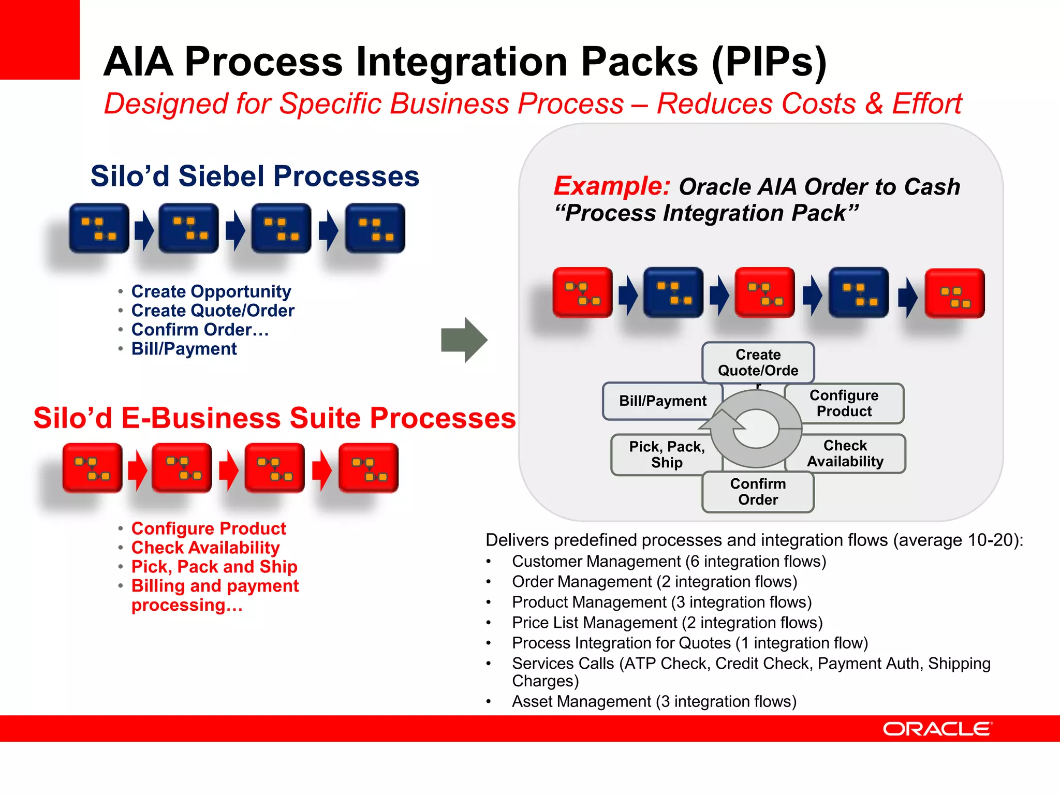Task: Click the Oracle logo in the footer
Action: click(937, 729)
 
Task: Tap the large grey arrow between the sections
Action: click(464, 340)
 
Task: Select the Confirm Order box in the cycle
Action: click(758, 492)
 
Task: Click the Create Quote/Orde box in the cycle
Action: click(758, 362)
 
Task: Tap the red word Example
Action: click(612, 186)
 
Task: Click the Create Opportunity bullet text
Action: click(211, 291)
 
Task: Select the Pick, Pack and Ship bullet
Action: click(214, 567)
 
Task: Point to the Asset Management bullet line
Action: click(654, 701)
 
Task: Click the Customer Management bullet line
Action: click(669, 562)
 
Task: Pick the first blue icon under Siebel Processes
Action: click(99, 228)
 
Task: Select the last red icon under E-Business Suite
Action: click(369, 468)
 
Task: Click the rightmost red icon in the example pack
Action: click(954, 293)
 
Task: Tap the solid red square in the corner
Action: click(39, 39)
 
